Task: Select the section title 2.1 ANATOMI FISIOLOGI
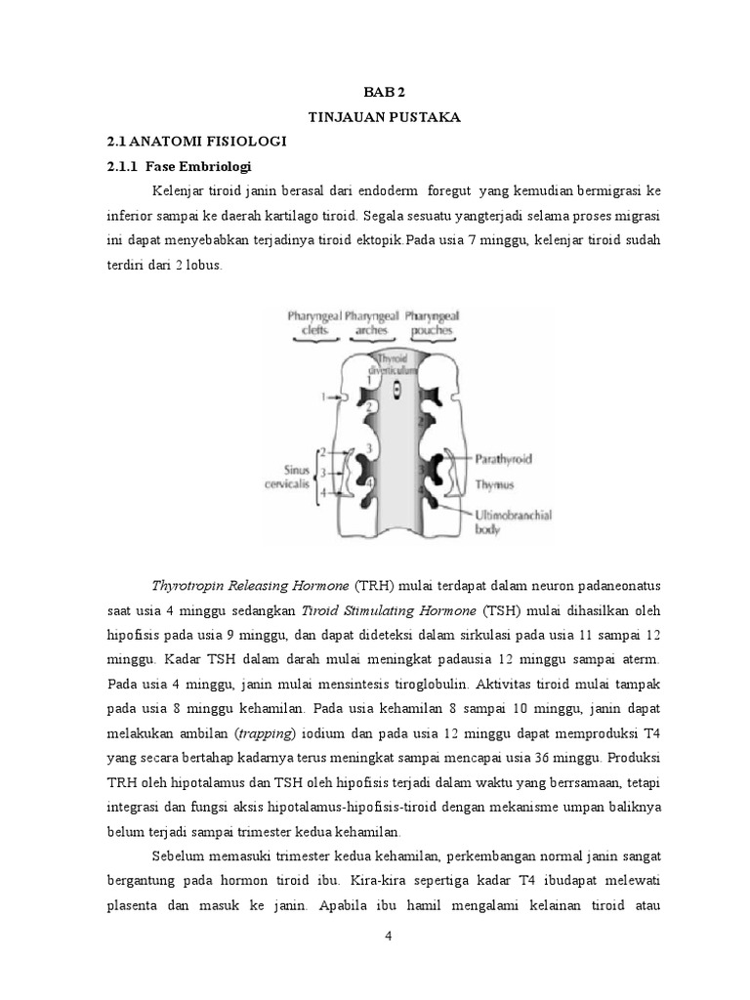coord(196,142)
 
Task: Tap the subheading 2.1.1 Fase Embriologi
coord(181,166)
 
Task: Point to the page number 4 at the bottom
coord(388,937)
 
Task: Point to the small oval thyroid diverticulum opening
coord(396,392)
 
